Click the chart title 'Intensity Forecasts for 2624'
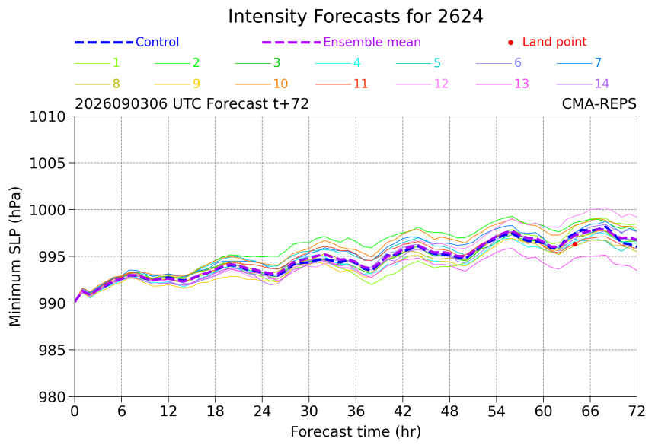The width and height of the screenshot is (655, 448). click(x=356, y=17)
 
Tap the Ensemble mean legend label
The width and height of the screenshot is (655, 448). click(x=372, y=42)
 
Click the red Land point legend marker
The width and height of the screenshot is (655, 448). click(x=510, y=42)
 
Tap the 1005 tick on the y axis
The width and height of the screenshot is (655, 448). click(x=47, y=163)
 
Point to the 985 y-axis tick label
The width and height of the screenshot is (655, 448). click(x=51, y=350)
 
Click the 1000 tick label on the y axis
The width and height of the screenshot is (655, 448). click(x=47, y=210)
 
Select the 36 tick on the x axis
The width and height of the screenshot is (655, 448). click(x=356, y=411)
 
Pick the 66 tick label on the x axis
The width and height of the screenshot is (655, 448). click(x=590, y=411)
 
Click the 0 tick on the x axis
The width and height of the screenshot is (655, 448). click(x=75, y=411)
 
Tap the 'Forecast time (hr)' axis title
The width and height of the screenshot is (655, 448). click(x=356, y=431)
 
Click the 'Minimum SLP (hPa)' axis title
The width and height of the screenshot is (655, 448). click(x=15, y=256)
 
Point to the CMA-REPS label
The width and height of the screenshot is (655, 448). click(x=599, y=103)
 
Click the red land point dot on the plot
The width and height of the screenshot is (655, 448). click(x=575, y=244)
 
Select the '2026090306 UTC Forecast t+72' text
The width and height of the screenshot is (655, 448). click(x=192, y=103)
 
